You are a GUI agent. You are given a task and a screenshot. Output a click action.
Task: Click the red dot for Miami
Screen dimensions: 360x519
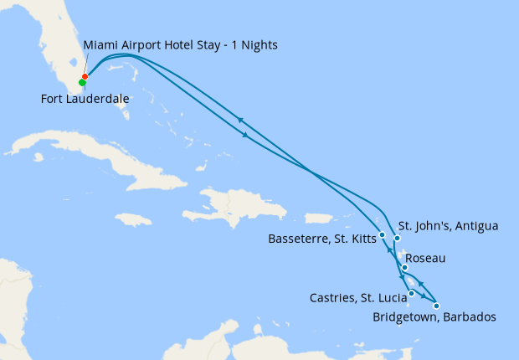85,77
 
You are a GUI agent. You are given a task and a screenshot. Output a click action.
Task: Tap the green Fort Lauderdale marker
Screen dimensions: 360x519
82,83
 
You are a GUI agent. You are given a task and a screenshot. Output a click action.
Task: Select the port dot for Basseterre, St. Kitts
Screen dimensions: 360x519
382,234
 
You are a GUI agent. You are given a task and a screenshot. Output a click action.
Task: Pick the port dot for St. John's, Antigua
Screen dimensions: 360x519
397,239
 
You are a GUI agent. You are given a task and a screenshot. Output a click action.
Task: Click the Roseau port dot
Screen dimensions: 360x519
404,268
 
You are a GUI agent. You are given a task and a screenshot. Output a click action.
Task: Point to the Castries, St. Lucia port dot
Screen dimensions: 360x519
411,294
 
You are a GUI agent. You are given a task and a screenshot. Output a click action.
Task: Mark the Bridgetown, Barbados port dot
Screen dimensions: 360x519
436,306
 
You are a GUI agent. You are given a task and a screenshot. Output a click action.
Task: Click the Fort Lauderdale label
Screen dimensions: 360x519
85,99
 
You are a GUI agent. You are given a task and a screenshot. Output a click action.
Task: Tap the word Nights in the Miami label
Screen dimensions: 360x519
258,44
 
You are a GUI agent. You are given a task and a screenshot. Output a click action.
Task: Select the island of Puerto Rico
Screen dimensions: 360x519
320,218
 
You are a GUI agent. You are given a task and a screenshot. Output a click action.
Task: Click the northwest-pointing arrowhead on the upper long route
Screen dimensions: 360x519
240,120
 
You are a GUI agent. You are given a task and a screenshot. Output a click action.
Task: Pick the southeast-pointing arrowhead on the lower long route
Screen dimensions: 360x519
244,135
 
